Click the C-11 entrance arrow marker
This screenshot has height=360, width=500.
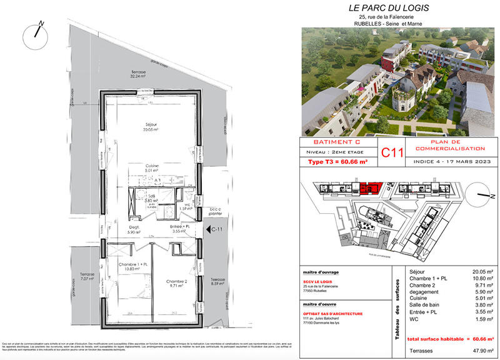[x=212, y=230]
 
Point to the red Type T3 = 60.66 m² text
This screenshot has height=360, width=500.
[x=337, y=162]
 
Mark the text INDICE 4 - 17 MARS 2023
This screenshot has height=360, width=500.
[x=446, y=162]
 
